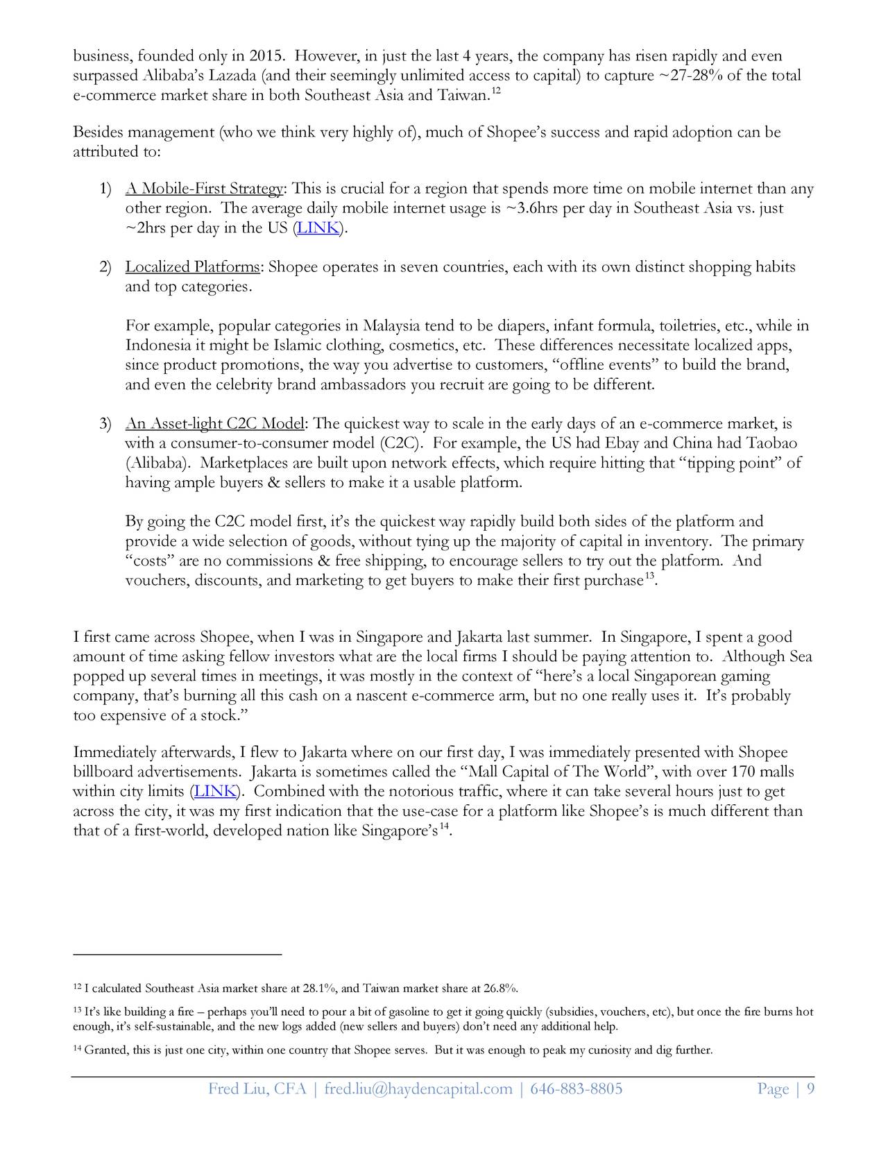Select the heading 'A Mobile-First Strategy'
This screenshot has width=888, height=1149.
pos(204,189)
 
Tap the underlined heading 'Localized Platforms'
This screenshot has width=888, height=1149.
pos(192,267)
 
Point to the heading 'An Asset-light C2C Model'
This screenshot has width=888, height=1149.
pos(214,424)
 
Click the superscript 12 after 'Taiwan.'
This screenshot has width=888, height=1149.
pos(497,91)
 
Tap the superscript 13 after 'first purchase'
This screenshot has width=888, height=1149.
pos(649,577)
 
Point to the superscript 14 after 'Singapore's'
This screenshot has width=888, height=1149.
pos(445,826)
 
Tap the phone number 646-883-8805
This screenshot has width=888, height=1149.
pos(576,1089)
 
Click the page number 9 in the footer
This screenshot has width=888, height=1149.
pos(810,1089)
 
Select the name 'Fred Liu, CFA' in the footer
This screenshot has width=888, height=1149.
pos(257,1089)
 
